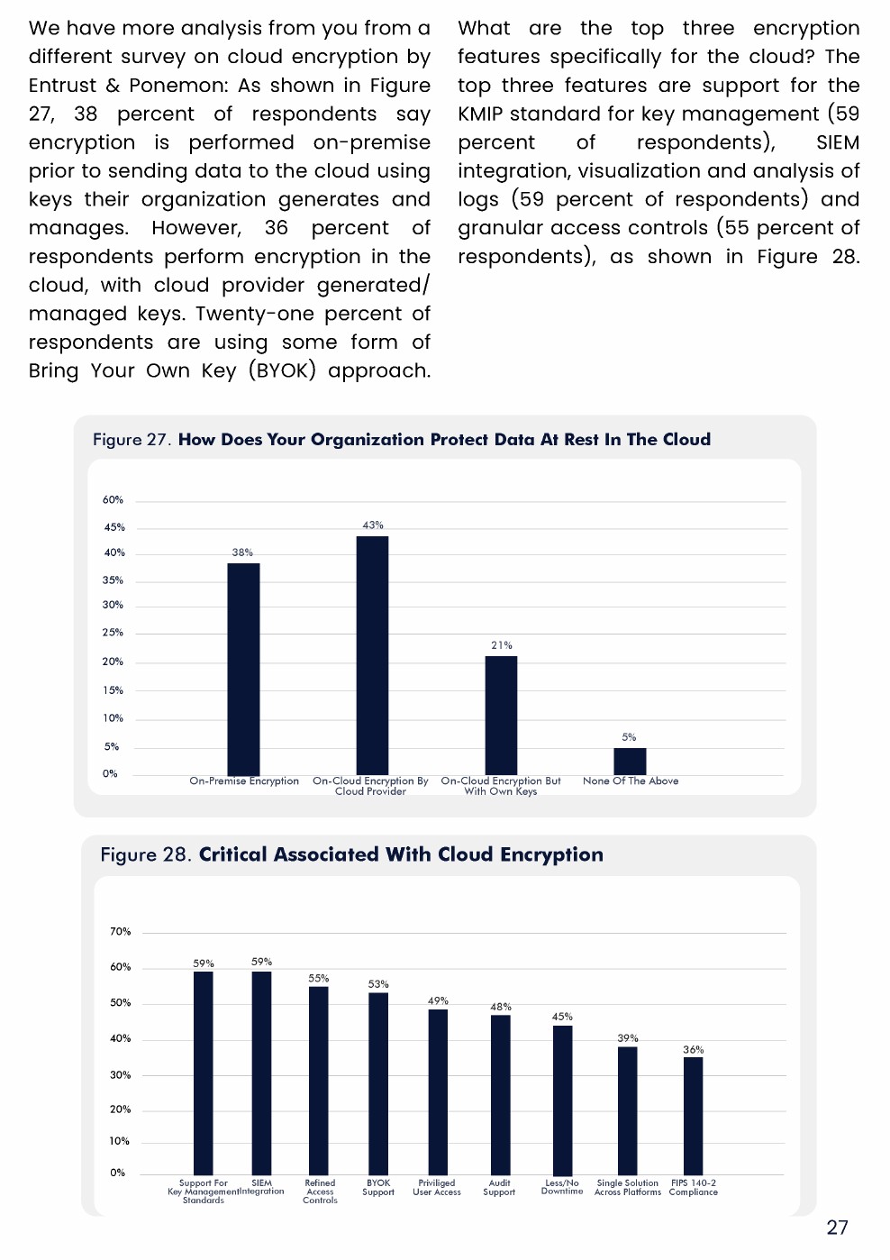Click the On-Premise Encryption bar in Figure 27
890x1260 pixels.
click(x=243, y=669)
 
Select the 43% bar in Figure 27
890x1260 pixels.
click(x=372, y=655)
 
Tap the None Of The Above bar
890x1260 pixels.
click(x=630, y=761)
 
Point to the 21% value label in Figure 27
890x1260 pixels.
click(x=502, y=645)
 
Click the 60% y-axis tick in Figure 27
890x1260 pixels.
click(x=113, y=499)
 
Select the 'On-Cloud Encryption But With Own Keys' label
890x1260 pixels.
click(x=501, y=786)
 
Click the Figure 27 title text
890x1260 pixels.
click(x=402, y=440)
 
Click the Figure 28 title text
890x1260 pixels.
click(x=352, y=854)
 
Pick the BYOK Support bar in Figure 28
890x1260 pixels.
click(x=378, y=1083)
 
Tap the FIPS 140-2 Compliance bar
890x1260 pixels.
click(x=693, y=1116)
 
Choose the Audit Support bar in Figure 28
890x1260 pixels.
click(x=500, y=1094)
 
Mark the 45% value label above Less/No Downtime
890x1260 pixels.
click(x=562, y=1017)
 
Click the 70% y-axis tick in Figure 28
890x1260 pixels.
click(x=120, y=931)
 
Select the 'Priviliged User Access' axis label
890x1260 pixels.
click(x=437, y=1188)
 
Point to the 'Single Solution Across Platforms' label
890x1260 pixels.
click(x=628, y=1188)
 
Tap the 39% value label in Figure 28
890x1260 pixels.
click(x=628, y=1038)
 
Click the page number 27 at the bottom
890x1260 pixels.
click(x=837, y=1228)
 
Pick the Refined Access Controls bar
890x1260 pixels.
click(x=319, y=1081)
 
